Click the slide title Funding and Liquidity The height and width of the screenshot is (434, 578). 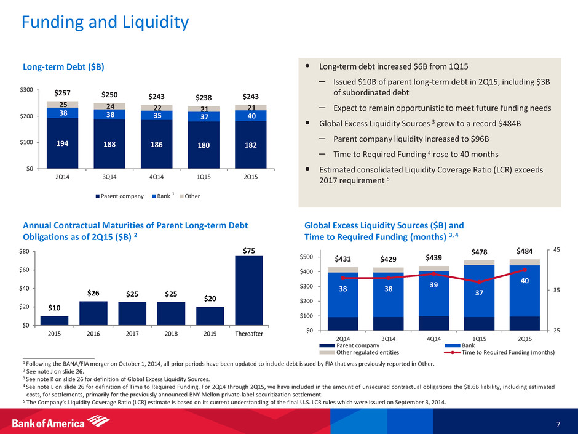coord(105,23)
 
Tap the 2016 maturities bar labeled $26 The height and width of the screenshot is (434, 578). coord(93,313)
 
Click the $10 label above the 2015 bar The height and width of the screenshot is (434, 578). coord(54,307)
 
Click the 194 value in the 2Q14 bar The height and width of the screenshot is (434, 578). coord(61,143)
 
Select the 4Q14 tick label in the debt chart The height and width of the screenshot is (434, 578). coord(156,177)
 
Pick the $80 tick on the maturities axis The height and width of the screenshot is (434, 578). coord(24,251)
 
